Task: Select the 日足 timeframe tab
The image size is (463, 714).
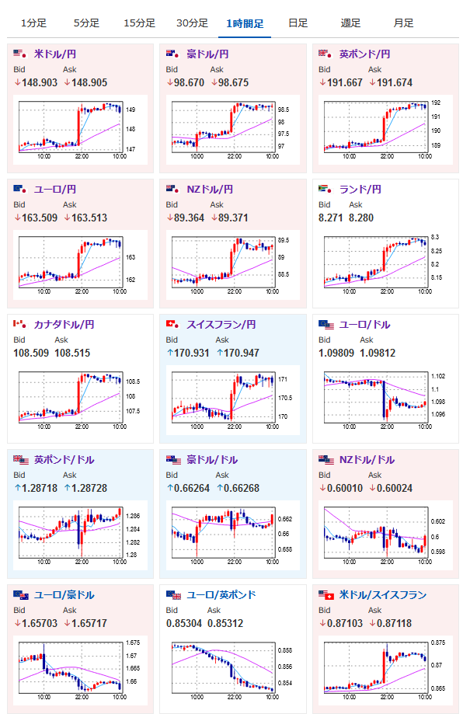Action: tap(298, 23)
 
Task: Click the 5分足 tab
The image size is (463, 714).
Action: tap(86, 23)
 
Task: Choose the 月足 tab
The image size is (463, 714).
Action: tap(403, 23)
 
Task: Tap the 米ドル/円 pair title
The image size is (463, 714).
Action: tap(54, 54)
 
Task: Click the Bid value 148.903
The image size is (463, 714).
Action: tap(40, 82)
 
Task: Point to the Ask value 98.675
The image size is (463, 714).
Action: tap(233, 82)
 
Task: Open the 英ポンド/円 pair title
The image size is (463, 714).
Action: tap(364, 54)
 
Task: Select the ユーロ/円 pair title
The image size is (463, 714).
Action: tap(54, 190)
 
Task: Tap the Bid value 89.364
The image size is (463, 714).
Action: tap(189, 218)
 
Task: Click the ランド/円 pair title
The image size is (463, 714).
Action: tap(360, 190)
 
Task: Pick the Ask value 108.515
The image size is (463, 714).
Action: tap(72, 353)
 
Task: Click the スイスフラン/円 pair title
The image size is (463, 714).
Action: tap(221, 325)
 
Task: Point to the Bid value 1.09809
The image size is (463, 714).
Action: tap(336, 353)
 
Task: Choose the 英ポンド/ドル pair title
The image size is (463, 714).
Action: tap(64, 460)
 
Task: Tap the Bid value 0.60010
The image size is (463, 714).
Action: tap(345, 488)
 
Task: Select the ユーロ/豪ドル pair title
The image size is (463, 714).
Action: tap(64, 595)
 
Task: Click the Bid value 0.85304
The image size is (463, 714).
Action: tap(184, 623)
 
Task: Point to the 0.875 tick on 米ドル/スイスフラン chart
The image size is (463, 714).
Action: tap(438, 643)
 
